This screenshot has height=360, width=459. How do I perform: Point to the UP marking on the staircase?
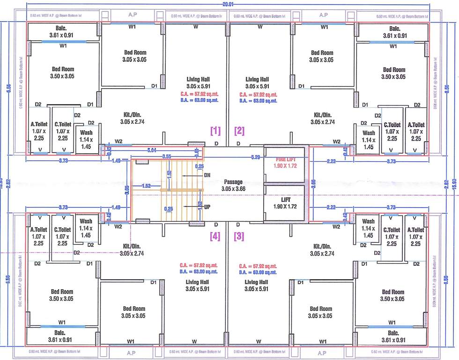207,206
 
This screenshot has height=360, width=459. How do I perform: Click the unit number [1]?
215,130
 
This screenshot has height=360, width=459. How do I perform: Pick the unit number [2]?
239,130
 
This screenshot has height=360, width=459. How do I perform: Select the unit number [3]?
239,237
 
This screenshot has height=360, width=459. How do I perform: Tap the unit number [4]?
215,237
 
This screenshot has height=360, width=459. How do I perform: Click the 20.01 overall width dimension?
229,3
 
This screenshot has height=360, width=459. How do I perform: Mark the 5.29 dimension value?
255,157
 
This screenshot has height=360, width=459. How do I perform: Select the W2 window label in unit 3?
336,227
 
